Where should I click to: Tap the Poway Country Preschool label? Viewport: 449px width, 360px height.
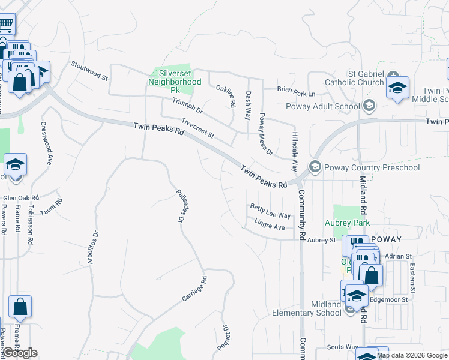click(371, 167)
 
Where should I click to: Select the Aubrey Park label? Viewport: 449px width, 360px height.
click(352, 223)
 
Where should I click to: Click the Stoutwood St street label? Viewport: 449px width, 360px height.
click(89, 70)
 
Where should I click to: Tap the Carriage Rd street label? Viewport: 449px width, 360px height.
click(194, 289)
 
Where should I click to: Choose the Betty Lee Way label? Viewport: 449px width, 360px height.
click(270, 211)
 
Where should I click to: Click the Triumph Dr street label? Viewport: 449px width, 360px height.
click(187, 107)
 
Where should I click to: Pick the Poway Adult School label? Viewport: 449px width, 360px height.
click(331, 107)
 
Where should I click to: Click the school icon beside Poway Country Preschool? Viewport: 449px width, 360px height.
click(313, 166)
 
